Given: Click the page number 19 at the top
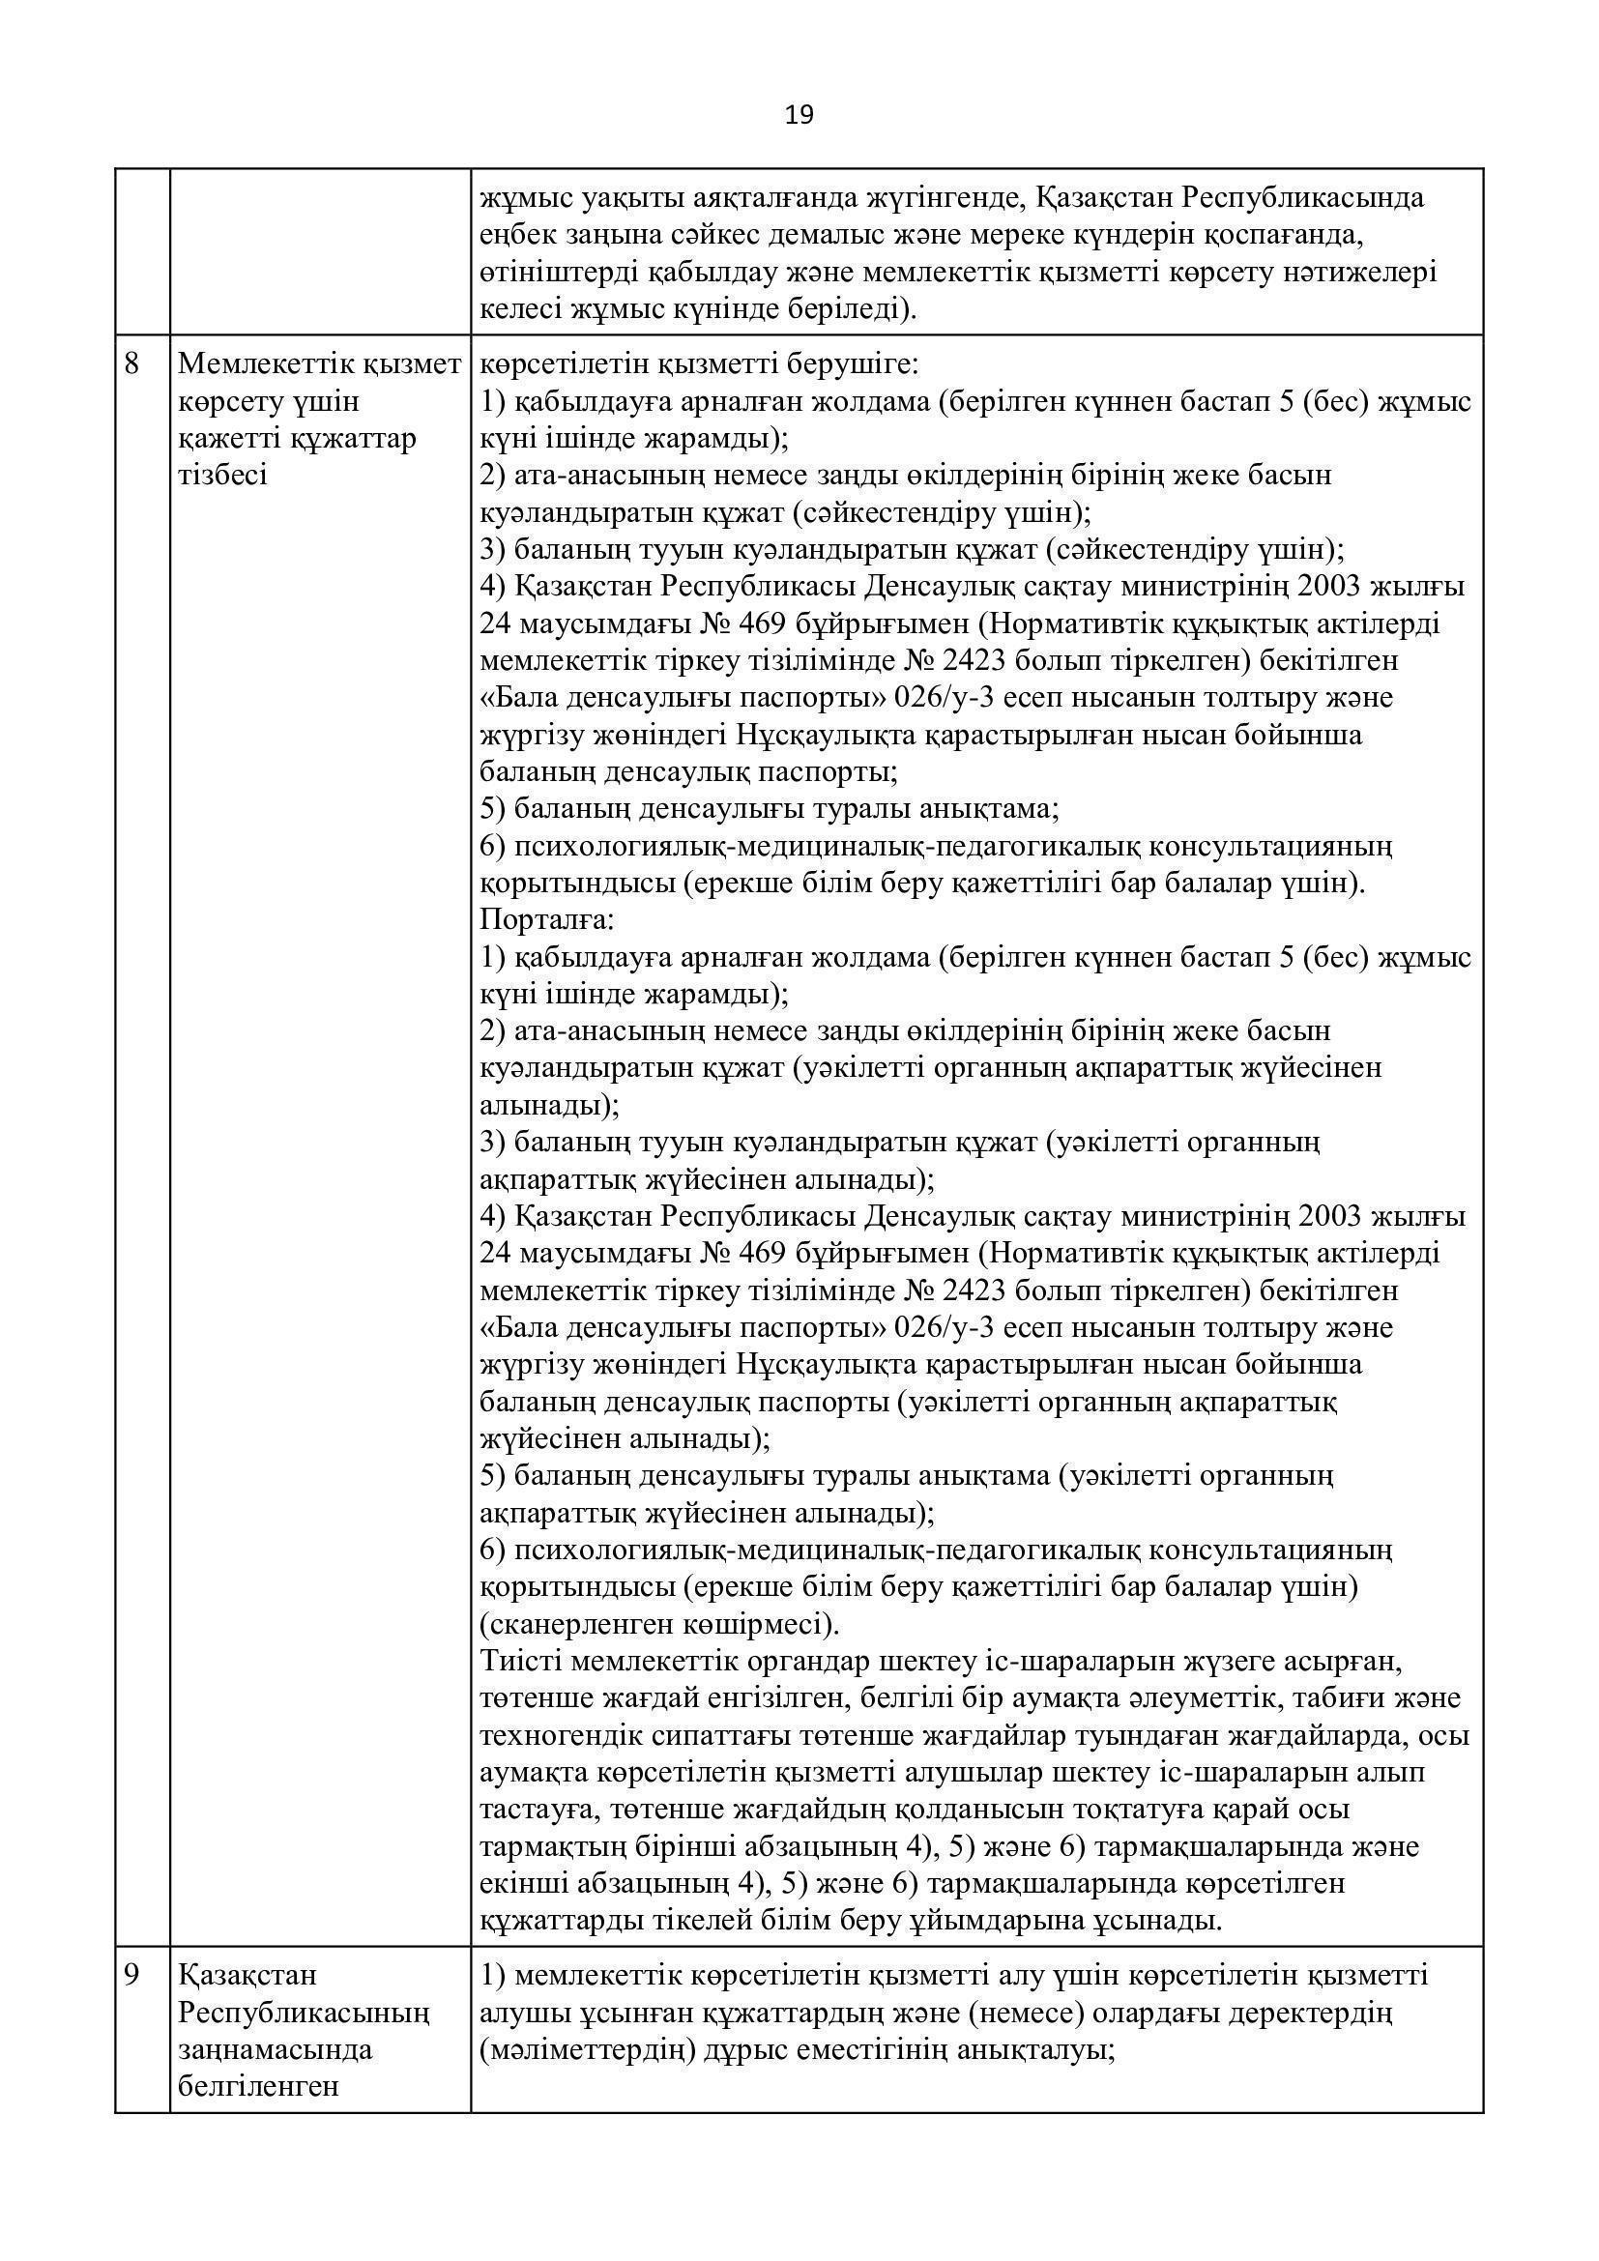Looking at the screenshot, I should (x=799, y=116).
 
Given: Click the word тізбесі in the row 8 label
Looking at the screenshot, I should (x=221, y=477).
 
